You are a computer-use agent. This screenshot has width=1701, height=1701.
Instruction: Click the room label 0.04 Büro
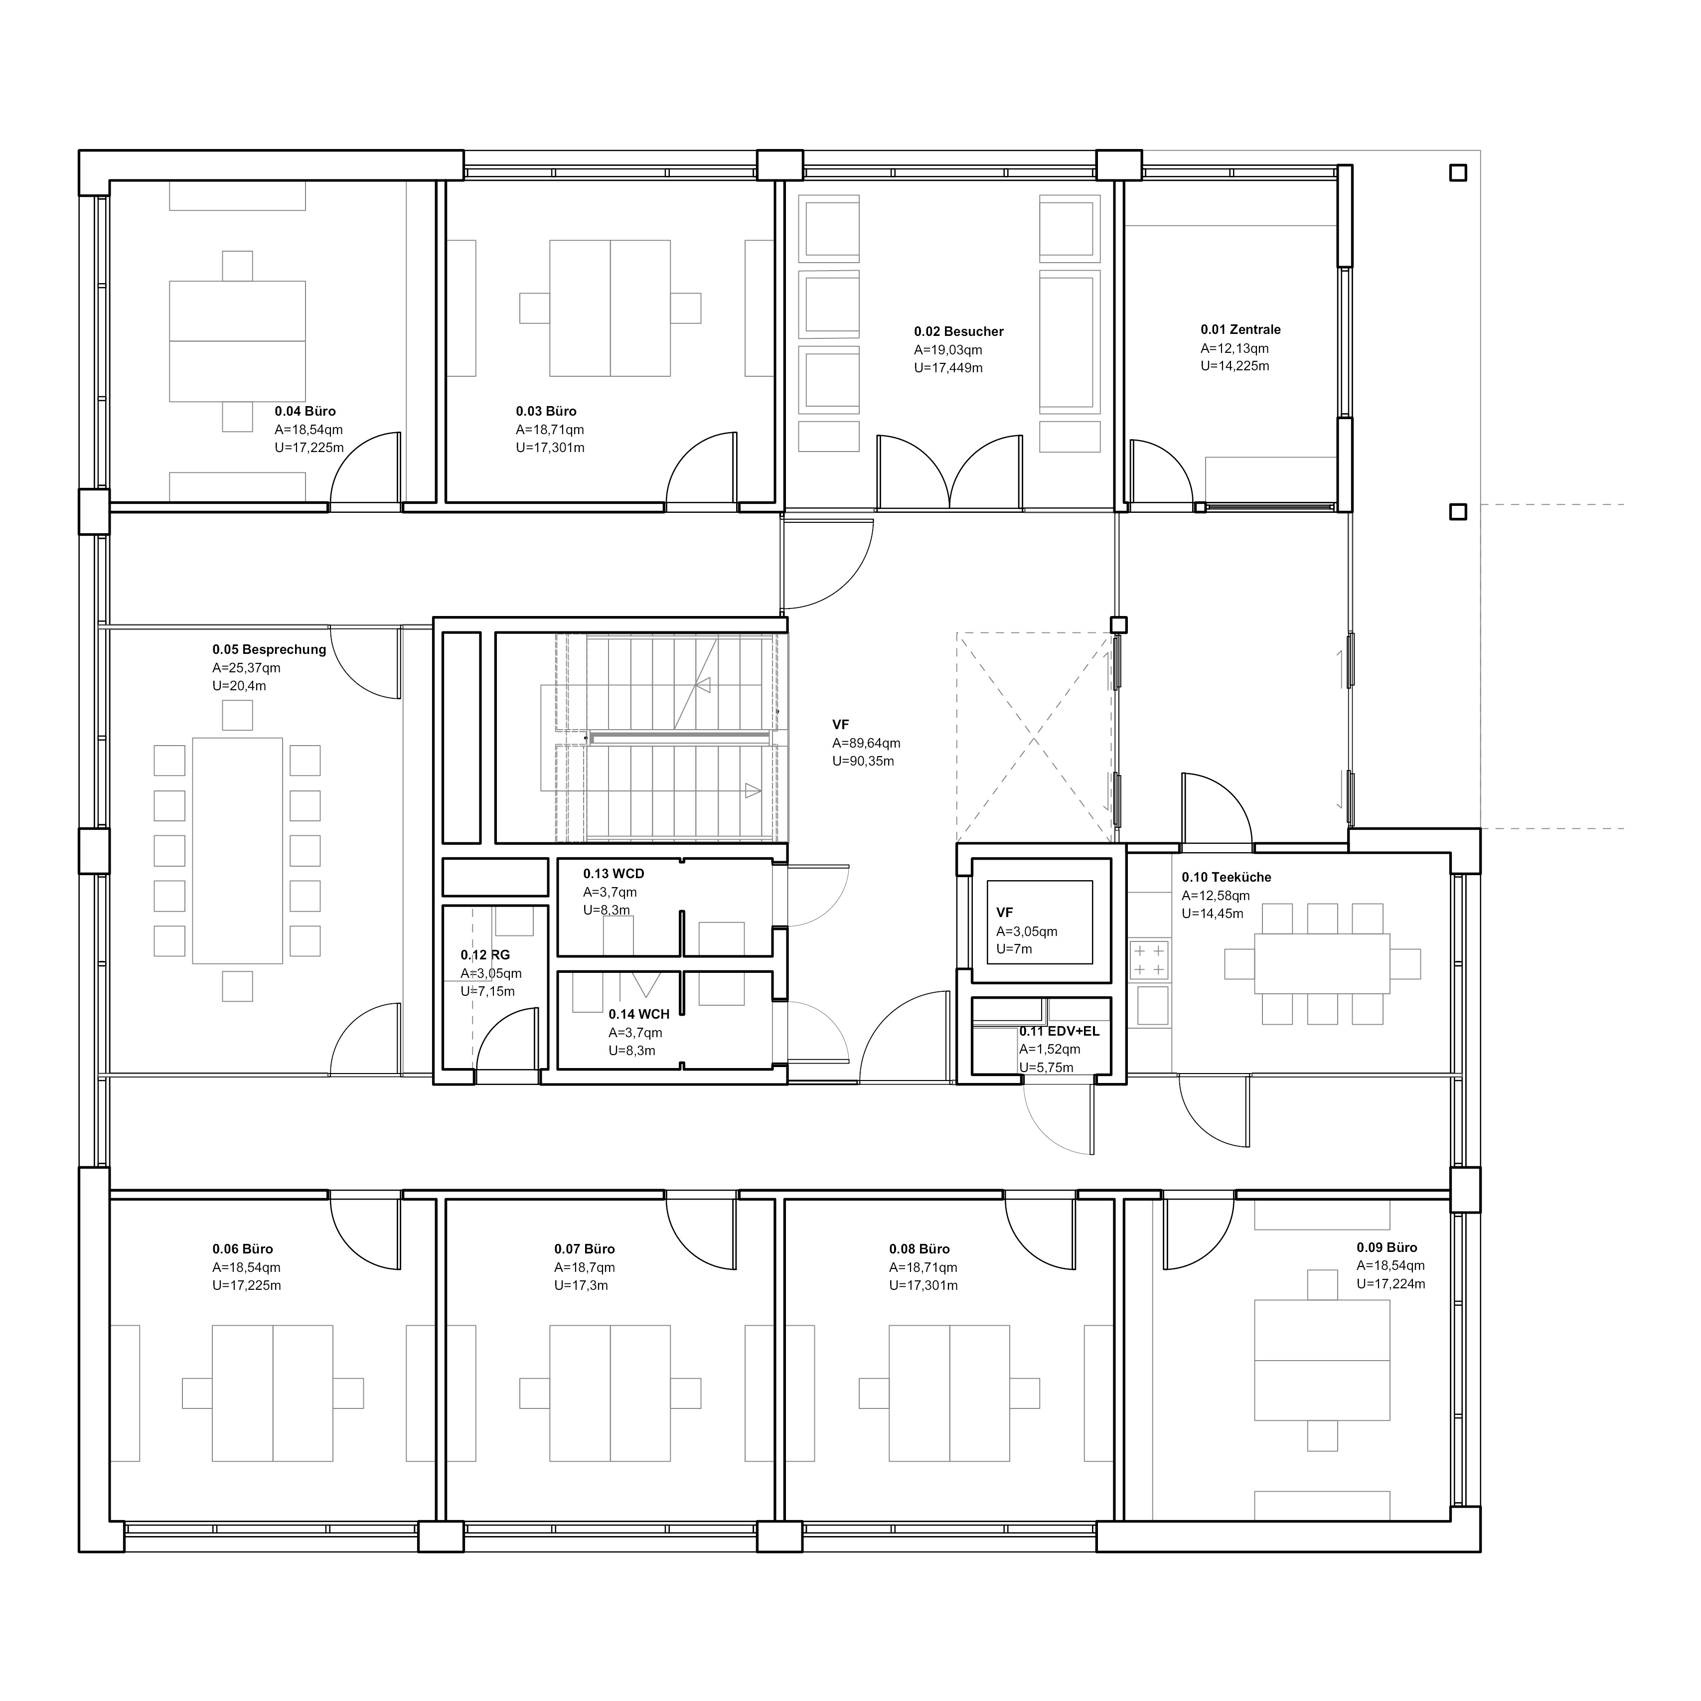[305, 411]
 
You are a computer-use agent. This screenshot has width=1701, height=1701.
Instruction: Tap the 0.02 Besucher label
[959, 332]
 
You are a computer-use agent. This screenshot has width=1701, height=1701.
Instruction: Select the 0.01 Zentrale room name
[1240, 330]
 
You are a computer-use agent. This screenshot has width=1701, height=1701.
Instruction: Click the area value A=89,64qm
[866, 743]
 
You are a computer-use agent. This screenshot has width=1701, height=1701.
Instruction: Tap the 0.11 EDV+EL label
[1059, 1031]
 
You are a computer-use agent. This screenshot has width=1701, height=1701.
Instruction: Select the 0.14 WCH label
[639, 1014]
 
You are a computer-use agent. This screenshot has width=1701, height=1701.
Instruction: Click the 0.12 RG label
[485, 955]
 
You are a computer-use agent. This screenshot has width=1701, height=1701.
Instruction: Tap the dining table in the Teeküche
[1322, 963]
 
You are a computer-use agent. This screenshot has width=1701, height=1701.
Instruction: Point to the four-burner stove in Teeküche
[1149, 960]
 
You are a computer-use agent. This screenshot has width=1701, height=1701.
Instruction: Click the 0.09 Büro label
[1387, 1247]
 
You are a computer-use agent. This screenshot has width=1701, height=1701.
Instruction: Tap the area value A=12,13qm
[1235, 349]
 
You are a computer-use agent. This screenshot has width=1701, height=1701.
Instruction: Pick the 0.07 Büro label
[585, 1249]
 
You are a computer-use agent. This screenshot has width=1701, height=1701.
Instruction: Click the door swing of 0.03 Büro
[702, 468]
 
